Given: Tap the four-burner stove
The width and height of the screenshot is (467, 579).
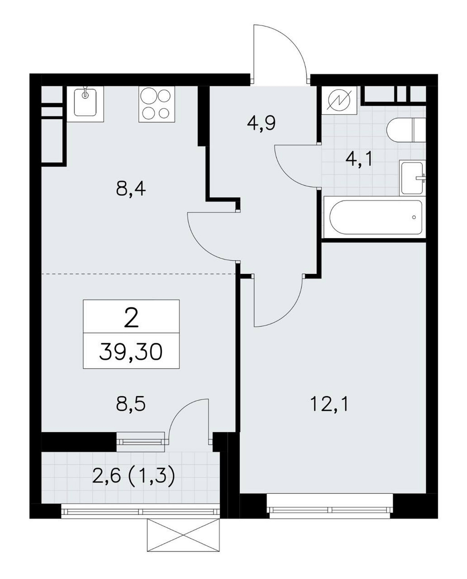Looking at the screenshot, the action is (156, 104).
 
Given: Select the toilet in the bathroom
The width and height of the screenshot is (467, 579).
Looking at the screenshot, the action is (406, 130).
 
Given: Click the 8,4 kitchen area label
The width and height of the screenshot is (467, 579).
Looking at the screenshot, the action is (131, 189).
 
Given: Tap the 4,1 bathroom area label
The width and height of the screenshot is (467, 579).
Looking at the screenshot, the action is (359, 160).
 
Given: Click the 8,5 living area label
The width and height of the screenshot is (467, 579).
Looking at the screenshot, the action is (131, 404).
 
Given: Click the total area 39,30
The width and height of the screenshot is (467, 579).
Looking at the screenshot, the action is (131, 352).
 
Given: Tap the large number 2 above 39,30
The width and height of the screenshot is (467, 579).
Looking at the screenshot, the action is (131, 317).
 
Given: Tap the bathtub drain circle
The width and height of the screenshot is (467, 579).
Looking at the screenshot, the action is (413, 217).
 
